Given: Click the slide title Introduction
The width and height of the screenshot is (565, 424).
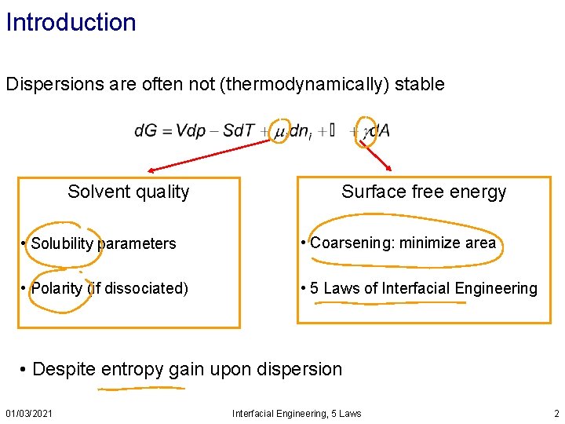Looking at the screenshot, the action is pos(71,22).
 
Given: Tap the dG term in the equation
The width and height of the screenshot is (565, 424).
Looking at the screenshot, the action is pos(146,131).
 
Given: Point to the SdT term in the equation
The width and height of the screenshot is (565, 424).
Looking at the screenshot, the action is pos(238,131).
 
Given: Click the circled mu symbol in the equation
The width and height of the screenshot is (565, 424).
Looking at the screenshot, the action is pos(279,133).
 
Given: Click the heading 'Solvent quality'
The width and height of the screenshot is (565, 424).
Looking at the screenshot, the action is pos(129,192).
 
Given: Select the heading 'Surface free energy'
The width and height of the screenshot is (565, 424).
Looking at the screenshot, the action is pos(424,192).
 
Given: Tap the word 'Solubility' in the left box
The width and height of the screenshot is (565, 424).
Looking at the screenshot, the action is pos(62,243).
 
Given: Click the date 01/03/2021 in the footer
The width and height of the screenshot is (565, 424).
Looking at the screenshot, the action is pos(29,413).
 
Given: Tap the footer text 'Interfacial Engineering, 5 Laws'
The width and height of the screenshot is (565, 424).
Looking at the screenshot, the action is pos(297,413).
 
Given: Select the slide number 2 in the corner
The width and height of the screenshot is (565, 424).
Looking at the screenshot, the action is pos(556,413).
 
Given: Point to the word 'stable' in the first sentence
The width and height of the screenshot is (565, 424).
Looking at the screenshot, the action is pos(422,84).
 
